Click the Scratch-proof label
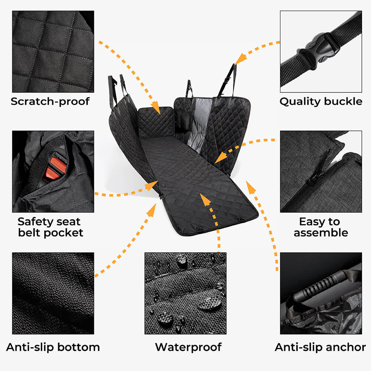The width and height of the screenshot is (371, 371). tap(50, 101)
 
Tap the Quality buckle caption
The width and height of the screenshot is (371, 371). tap(321, 101)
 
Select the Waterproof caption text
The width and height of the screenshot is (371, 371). tap(188, 347)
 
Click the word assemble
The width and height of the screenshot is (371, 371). tap(321, 233)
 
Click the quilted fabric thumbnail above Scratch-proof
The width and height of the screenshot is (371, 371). tap(53, 51)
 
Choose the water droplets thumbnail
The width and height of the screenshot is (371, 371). tap(185, 293)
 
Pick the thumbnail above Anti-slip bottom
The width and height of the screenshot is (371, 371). tap(53, 293)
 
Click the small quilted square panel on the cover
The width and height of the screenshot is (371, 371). tap(156, 122)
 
